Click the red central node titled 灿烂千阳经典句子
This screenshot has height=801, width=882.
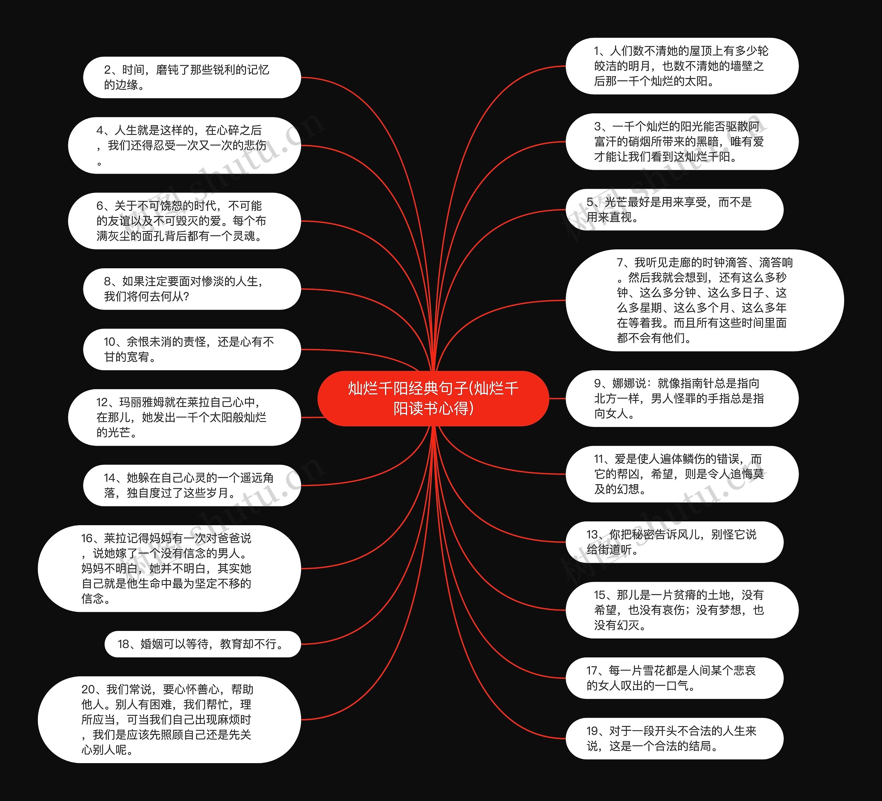coord(433,398)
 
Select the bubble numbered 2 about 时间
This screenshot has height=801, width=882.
coord(192,77)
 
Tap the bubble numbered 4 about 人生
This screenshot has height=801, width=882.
coord(184,145)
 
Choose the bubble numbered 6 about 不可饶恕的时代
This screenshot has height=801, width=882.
coord(184,221)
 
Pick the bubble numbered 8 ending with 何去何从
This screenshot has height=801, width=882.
coord(192,289)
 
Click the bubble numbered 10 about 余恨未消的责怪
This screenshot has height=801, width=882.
coord(192,349)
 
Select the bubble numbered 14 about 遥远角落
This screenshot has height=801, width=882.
coord(192,485)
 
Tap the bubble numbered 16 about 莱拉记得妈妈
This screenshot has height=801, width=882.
coord(169,569)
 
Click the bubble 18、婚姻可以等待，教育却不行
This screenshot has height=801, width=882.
coord(203,644)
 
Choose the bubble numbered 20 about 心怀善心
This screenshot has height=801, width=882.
coord(169,720)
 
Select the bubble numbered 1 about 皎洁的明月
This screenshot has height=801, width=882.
coord(681,66)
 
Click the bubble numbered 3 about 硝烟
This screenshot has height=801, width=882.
coord(681,142)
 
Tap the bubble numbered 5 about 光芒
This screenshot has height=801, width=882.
coord(674,210)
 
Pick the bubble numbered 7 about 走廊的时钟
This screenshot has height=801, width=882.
coord(704,300)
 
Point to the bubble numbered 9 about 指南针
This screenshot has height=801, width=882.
coord(681,398)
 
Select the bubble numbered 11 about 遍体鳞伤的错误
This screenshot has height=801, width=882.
coord(681,474)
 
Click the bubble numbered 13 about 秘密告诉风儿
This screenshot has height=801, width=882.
coord(674,542)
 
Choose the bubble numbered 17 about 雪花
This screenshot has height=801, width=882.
coord(674,678)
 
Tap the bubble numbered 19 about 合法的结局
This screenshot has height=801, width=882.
coord(674,738)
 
